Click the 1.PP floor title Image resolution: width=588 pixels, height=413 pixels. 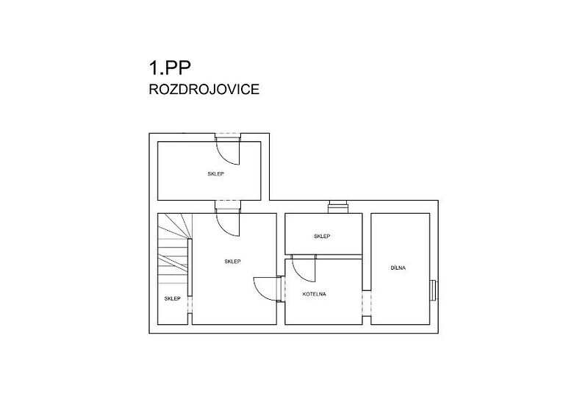coord(170,68)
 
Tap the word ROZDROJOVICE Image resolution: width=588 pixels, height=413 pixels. coord(204,90)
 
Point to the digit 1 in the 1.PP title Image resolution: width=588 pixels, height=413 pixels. coord(154,68)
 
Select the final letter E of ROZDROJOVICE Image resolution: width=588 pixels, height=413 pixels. coord(255,90)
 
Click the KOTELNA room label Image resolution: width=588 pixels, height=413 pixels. coord(315,294)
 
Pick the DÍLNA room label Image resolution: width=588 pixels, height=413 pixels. coord(398,268)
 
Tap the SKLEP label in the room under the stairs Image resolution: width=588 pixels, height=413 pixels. coord(172,298)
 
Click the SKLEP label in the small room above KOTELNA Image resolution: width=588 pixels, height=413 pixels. coord(322,236)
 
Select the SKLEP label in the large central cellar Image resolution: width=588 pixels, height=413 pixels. coord(232,261)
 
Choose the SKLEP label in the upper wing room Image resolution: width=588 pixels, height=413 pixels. coord(215,174)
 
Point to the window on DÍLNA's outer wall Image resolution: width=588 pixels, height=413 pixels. coord(434,290)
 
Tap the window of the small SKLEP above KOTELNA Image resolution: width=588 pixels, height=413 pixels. coord(339,207)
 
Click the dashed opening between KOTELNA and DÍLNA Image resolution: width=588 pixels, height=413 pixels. coord(366,304)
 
